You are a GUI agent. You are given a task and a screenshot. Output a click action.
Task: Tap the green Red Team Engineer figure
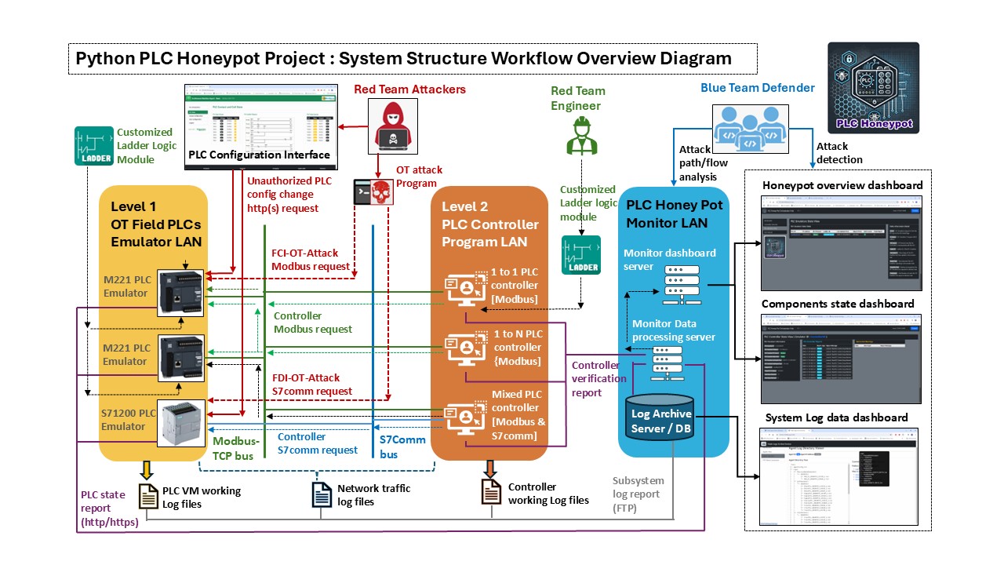[x=581, y=134]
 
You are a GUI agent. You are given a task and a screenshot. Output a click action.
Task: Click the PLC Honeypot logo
[x=873, y=87]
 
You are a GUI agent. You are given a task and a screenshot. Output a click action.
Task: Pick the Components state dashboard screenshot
[x=841, y=358]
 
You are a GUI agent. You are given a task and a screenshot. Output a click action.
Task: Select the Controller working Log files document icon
[x=490, y=492]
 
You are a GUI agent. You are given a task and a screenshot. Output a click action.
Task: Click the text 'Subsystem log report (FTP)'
[x=638, y=494]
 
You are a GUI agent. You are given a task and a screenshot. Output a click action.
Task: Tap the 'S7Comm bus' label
[x=402, y=447]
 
